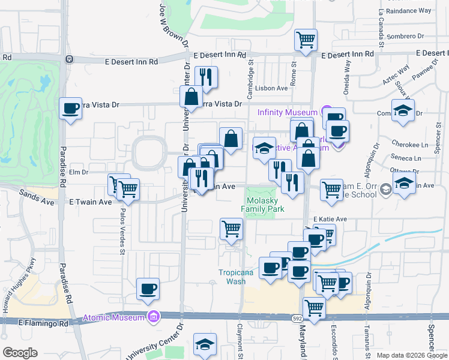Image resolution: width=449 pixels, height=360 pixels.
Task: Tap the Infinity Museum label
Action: [x=287, y=112]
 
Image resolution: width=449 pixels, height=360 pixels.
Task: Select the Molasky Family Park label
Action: [x=262, y=205]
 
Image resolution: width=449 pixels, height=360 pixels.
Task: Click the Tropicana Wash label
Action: [x=235, y=277]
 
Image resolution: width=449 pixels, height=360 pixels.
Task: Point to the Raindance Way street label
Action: [x=409, y=11]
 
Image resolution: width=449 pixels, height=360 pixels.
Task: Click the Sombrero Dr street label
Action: [x=409, y=37]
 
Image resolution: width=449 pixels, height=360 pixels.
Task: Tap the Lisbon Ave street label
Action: [x=271, y=88]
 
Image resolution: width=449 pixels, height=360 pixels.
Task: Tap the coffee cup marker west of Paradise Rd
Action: [x=71, y=109]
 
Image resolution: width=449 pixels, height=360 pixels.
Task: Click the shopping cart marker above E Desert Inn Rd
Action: [x=306, y=40]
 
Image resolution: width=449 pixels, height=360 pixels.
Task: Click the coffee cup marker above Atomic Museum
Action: [x=148, y=290]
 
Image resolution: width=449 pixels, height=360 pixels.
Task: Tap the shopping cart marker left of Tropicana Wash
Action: [x=231, y=229]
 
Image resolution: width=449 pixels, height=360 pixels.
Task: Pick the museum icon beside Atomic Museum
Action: [x=154, y=317]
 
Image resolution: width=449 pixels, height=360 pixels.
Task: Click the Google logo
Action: [x=20, y=353]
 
